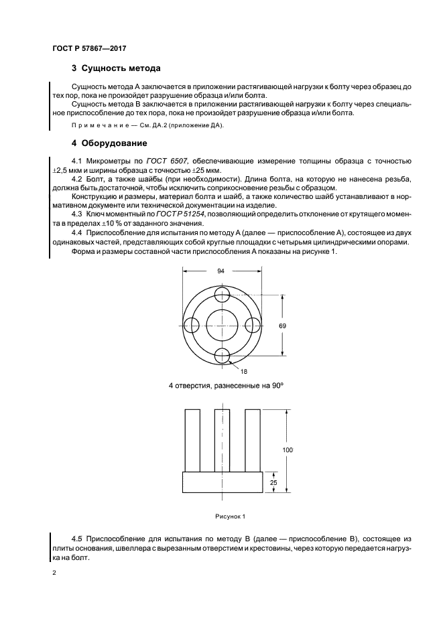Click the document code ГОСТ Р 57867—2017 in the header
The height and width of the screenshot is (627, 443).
89,48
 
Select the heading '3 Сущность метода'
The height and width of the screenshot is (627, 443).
115,69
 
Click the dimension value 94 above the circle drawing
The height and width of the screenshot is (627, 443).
222,271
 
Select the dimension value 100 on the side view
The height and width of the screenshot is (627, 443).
288,451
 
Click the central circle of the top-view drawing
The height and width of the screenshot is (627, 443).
222,325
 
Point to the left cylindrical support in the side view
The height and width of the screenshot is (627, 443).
192,439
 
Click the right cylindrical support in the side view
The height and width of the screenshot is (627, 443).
253,439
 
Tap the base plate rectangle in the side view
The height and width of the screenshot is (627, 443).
222,482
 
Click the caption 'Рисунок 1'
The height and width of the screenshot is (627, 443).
231,516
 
